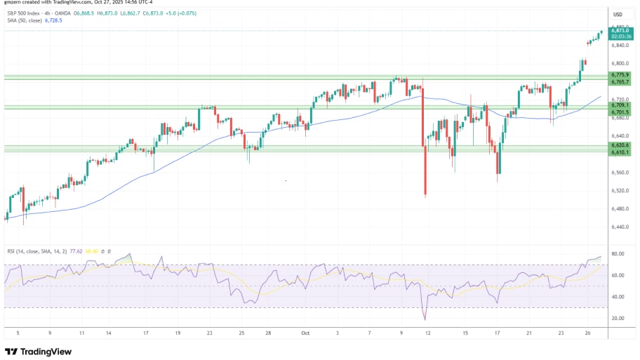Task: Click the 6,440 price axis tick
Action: (x=618, y=227)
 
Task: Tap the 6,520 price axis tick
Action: (x=618, y=190)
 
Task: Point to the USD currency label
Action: (x=618, y=14)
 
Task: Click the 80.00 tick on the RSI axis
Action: (x=618, y=254)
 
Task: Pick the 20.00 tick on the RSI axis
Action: (x=618, y=318)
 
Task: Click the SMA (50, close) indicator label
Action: (x=24, y=20)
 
